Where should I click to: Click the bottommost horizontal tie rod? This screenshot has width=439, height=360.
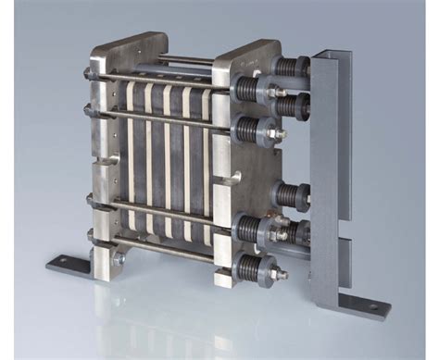coord(167,243)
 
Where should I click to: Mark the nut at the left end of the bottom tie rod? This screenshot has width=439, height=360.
coord(93,248)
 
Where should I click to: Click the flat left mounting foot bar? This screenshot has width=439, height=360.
coord(74,264)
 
